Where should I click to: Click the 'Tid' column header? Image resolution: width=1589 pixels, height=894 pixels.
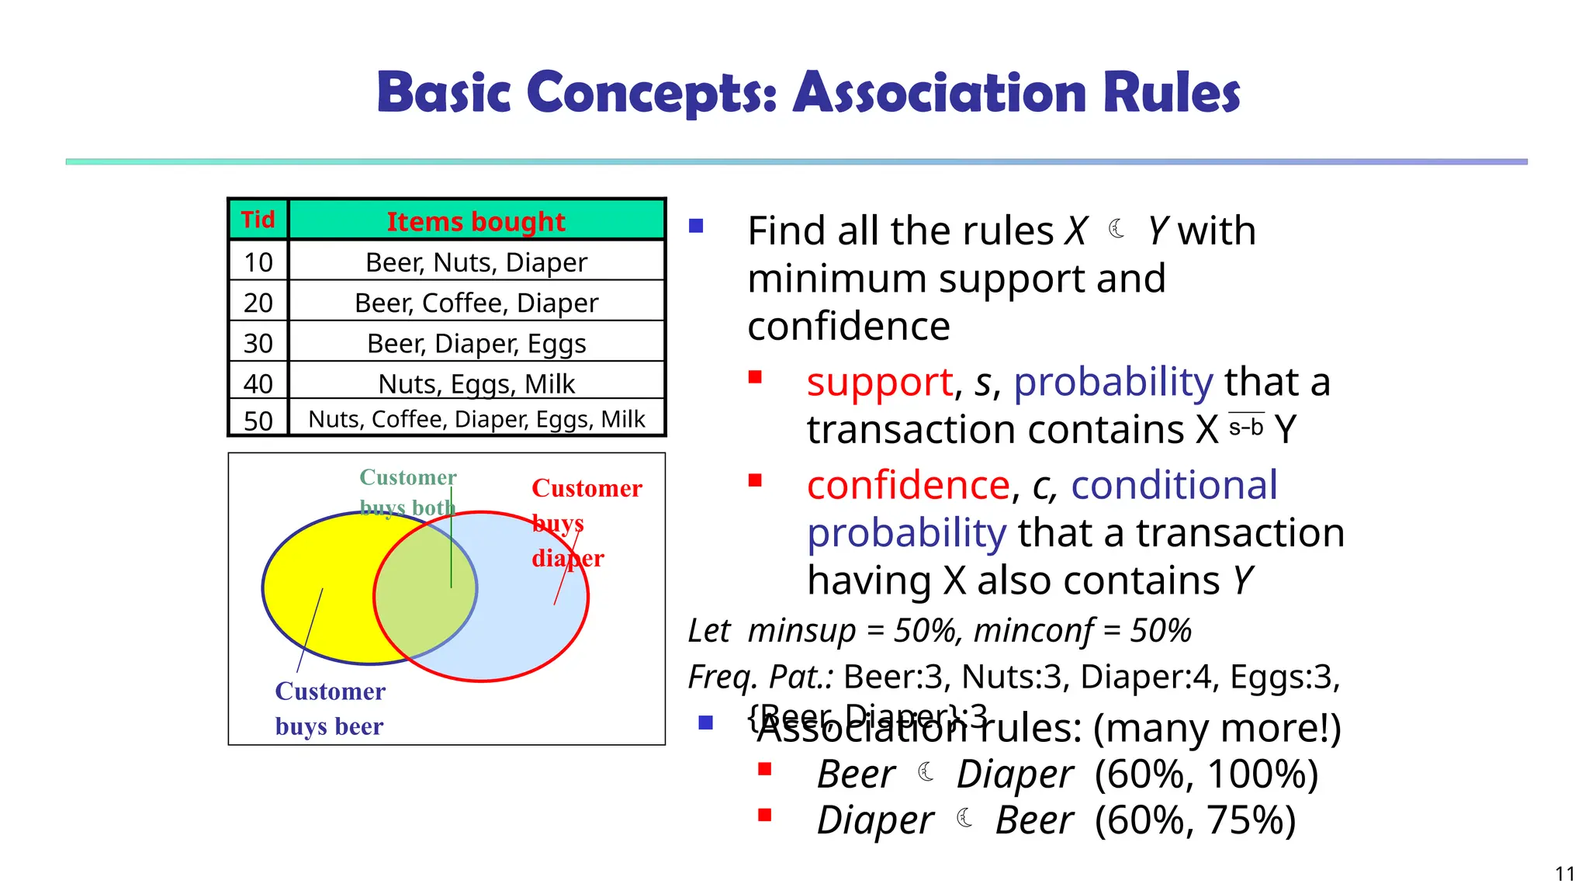258,220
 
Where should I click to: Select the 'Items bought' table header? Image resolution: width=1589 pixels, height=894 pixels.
476,221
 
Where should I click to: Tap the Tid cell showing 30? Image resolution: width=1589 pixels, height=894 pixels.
258,343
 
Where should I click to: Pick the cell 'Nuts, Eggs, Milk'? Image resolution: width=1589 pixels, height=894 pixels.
476,383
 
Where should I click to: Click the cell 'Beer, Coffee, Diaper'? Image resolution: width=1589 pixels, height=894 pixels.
476,303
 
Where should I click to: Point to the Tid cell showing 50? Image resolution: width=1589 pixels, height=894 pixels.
258,421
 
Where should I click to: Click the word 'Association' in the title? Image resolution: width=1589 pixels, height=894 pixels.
940,92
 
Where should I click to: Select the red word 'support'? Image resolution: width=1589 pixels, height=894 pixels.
879,382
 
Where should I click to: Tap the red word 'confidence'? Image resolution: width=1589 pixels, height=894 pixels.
909,485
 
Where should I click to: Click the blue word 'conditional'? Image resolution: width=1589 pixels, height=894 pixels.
1174,485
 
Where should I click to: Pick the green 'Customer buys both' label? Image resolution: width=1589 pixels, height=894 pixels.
407,491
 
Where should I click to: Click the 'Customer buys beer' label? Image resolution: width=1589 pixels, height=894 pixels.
330,708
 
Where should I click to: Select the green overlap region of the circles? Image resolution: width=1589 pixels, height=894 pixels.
425,590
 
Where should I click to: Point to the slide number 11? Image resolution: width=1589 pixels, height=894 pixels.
1564,874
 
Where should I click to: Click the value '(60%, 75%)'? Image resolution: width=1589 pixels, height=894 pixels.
1195,820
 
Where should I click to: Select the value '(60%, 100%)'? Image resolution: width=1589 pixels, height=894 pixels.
1206,774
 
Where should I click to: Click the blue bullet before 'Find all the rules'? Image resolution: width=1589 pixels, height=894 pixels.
696,227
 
